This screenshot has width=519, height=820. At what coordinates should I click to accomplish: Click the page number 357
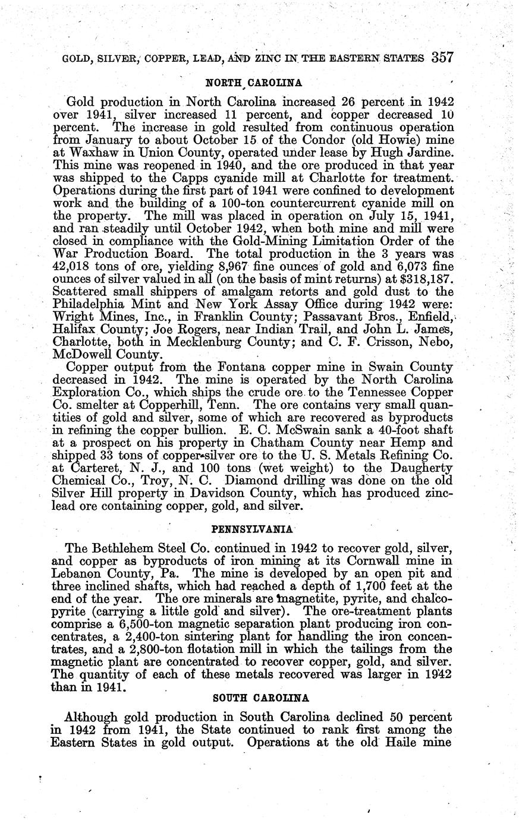(443, 58)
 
